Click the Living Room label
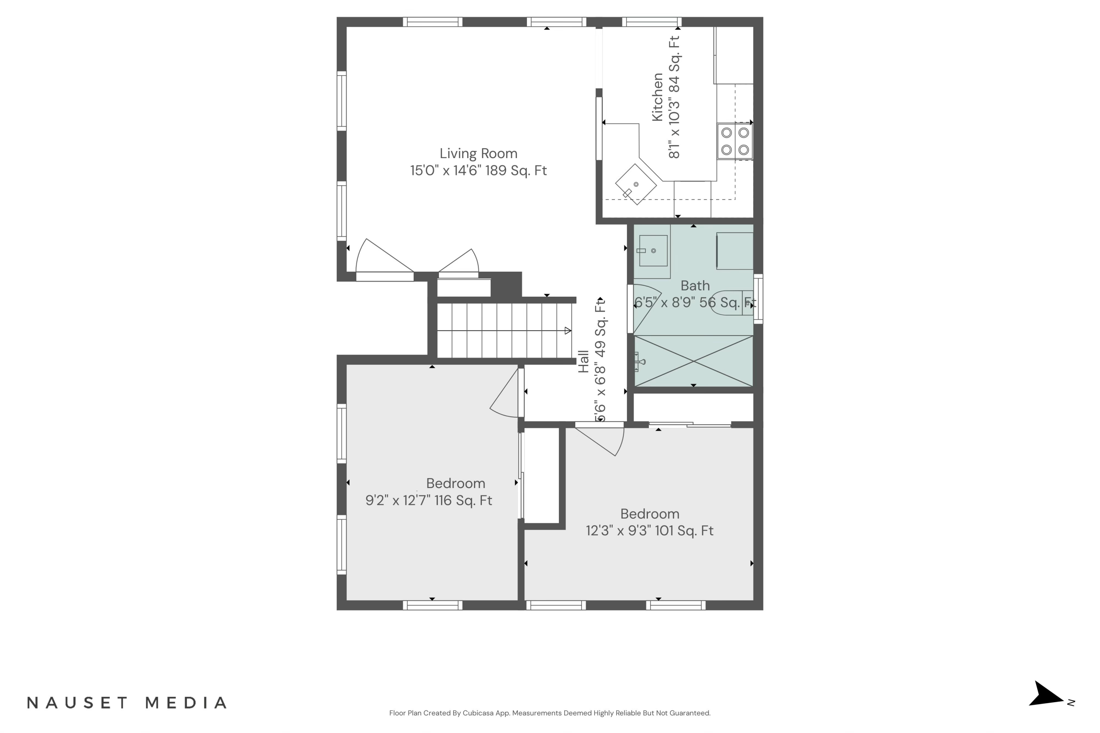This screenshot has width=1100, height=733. point(478,153)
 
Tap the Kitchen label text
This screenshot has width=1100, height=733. point(657,97)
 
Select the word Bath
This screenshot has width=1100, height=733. point(695,285)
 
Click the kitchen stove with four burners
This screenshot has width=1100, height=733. point(735,141)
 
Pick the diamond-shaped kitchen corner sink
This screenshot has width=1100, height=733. point(636,184)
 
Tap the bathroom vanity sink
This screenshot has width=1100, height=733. point(653,250)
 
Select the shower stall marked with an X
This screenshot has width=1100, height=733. point(694,361)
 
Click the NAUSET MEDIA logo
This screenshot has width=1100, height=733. point(127,703)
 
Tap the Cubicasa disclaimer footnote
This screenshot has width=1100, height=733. point(550,713)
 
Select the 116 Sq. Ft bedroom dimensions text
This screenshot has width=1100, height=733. point(429,500)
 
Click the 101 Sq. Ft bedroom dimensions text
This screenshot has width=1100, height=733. point(650,531)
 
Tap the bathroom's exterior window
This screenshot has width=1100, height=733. point(758,299)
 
